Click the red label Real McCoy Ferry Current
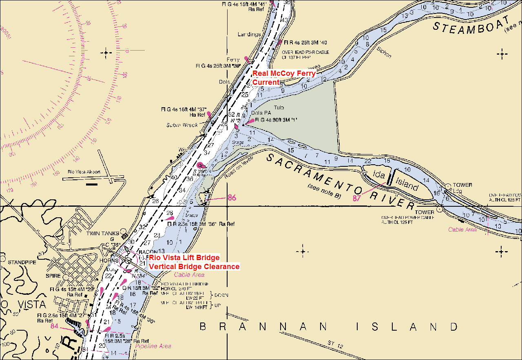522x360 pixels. (x=284, y=77)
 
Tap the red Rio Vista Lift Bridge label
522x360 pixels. (x=184, y=258)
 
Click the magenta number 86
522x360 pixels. (x=232, y=198)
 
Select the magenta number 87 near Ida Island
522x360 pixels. (x=357, y=198)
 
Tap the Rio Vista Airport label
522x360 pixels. (x=84, y=172)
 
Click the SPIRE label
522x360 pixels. (x=53, y=276)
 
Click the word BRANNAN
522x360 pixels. (x=263, y=327)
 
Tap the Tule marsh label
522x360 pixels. (x=279, y=108)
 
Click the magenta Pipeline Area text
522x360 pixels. (x=153, y=346)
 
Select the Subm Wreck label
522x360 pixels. (x=182, y=125)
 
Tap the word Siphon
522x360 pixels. (x=384, y=53)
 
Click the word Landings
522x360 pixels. (x=249, y=35)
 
